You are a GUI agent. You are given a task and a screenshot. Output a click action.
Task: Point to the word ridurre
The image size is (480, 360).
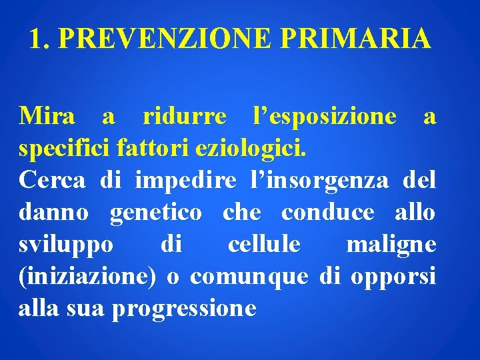185,117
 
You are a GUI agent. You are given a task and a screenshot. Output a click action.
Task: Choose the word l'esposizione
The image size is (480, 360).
325,117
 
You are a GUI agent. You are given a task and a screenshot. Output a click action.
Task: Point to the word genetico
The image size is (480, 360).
155,213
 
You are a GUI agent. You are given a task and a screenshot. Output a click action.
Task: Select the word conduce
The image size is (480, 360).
328,213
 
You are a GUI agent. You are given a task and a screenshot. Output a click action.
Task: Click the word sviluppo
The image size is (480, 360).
66,245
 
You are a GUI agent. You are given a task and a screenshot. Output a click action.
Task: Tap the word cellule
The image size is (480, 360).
263,245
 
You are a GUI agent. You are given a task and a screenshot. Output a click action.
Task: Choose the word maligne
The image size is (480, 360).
391,245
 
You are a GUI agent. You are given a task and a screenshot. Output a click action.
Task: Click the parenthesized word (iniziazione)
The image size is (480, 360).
87,277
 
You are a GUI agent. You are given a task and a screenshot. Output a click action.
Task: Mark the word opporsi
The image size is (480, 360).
397,277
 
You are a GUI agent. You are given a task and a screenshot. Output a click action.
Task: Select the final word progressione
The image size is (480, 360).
185,309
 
